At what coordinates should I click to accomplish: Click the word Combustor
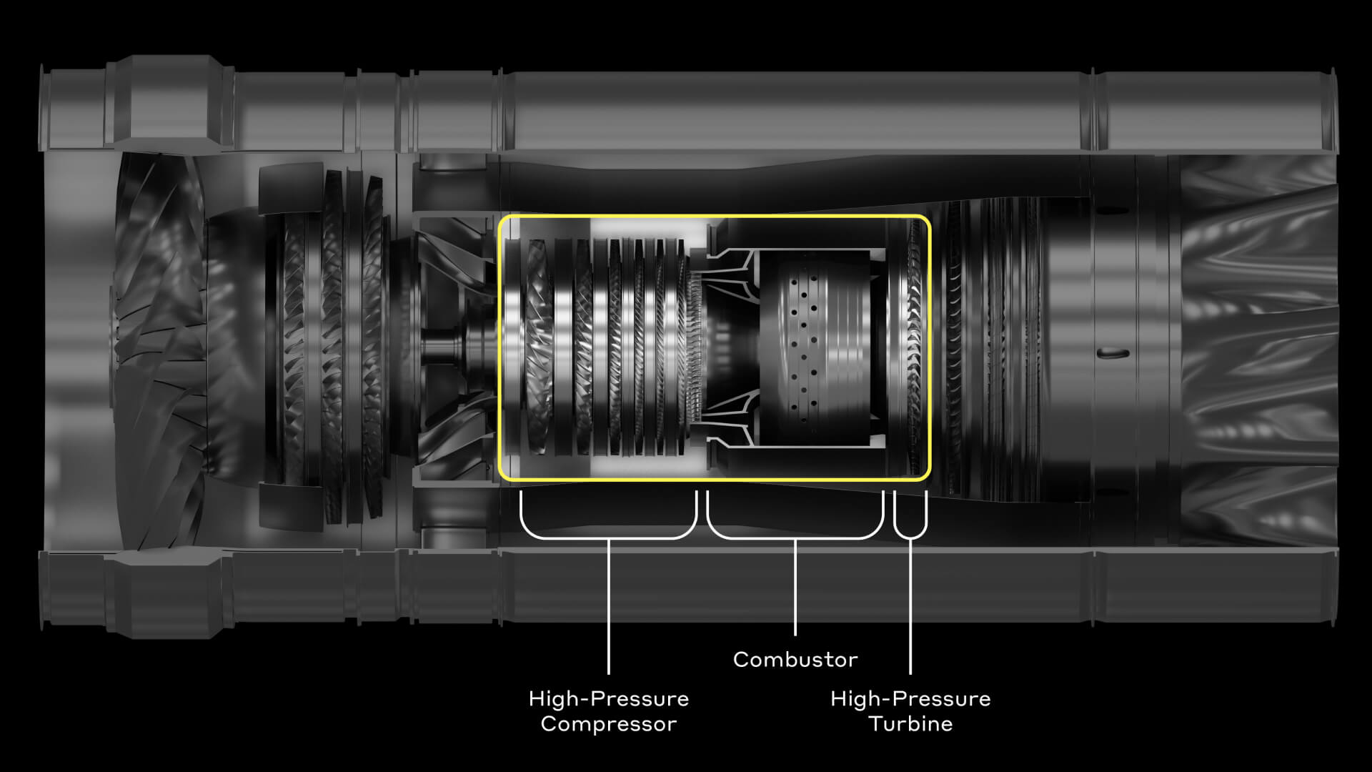coord(795,659)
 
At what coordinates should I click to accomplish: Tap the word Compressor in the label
coord(608,723)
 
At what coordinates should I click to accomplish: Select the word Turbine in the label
coord(910,723)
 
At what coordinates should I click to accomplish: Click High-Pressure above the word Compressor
coord(608,698)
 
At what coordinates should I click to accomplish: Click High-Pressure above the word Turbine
coord(910,698)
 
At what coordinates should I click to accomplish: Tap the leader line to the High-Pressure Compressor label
coord(608,608)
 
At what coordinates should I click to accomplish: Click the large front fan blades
coord(161,343)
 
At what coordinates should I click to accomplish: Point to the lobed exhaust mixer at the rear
coord(1258,350)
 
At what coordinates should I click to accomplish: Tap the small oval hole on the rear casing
coord(1112,352)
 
